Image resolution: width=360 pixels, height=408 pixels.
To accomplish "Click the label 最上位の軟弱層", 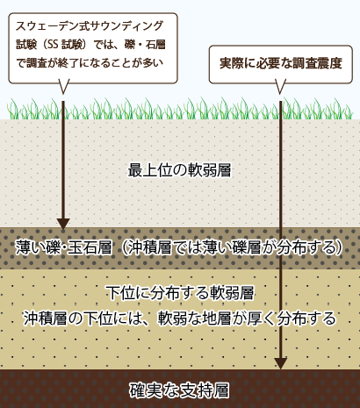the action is coord(179,170).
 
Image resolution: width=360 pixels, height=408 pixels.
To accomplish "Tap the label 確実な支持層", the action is coord(179,390).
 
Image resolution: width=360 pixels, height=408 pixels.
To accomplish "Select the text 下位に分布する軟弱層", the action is coord(180,293).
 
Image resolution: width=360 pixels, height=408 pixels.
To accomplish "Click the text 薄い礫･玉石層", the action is coord(64,247).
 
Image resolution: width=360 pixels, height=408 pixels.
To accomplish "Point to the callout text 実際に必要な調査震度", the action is coord(281,63).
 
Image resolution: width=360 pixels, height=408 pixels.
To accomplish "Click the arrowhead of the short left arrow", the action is coord(63,224).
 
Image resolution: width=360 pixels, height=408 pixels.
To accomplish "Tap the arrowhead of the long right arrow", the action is coord(281,363).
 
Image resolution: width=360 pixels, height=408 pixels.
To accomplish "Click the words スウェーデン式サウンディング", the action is coord(89,26).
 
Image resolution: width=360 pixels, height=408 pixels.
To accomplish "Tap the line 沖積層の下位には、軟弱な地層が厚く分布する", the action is coord(179,319).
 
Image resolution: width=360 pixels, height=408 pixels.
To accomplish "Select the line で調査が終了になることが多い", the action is coord(90,62).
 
